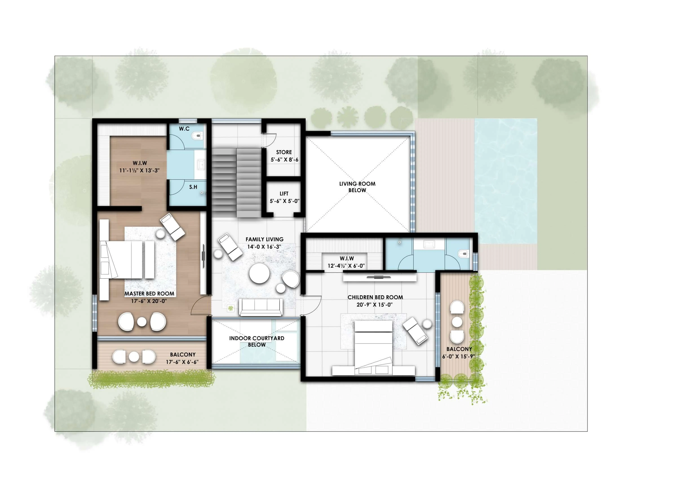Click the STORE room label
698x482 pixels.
[x=284, y=152]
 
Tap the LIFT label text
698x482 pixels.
[x=284, y=194]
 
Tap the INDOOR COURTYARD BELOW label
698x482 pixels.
[x=256, y=341]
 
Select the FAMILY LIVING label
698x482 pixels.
[x=264, y=239]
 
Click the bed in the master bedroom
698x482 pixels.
[x=127, y=260]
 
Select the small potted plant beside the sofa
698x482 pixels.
[x=231, y=308]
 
